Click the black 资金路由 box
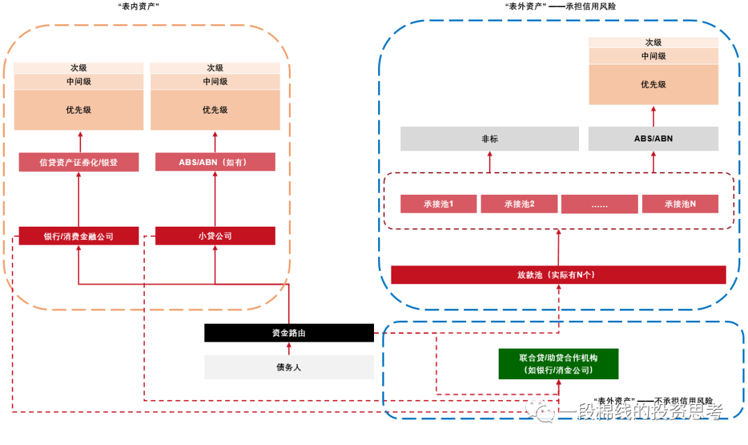pyautogui.click(x=289, y=333)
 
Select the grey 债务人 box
pyautogui.click(x=289, y=367)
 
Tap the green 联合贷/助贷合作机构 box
pyautogui.click(x=558, y=364)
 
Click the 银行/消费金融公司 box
pyautogui.click(x=78, y=236)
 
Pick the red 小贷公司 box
pyautogui.click(x=215, y=236)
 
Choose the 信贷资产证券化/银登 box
pyautogui.click(x=78, y=162)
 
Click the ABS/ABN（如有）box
pyautogui.click(x=215, y=162)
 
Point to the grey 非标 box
pyautogui.click(x=489, y=139)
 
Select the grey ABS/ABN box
pyautogui.click(x=653, y=139)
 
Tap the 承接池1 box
pyautogui.click(x=438, y=204)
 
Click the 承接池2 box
pyautogui.click(x=519, y=204)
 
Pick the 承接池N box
pyautogui.click(x=680, y=204)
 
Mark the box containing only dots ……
pyautogui.click(x=599, y=204)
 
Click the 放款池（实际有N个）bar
pyautogui.click(x=558, y=274)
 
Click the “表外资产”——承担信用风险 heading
pyautogui.click(x=560, y=6)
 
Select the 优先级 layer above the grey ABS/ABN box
pyautogui.click(x=653, y=85)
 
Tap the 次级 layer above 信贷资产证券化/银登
pyautogui.click(x=78, y=68)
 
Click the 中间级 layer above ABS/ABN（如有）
pyautogui.click(x=215, y=81)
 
